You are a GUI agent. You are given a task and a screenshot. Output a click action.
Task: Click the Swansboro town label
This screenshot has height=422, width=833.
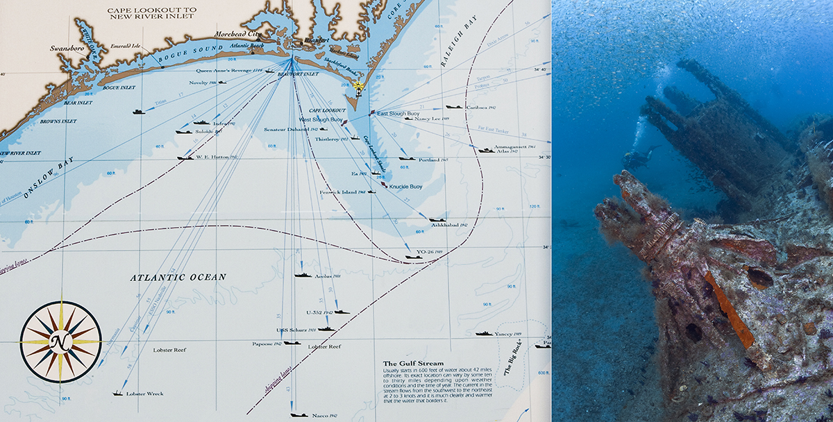click(x=67, y=49)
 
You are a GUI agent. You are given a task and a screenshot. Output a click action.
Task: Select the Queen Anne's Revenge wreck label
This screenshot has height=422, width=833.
click(x=230, y=70)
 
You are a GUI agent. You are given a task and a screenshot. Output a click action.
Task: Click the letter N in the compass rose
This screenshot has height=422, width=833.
click(x=61, y=341)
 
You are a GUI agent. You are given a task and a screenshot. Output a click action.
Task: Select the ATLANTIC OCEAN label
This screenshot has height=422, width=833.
click(x=178, y=278)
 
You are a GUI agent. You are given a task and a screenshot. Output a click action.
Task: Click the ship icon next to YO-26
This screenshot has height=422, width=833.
click(x=414, y=257)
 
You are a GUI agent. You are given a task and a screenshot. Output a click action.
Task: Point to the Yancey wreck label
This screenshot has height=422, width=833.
click(x=508, y=334)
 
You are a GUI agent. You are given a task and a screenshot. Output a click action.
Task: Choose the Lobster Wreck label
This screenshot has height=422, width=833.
click(x=145, y=394)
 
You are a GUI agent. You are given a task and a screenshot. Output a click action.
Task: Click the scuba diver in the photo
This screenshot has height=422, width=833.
click(x=637, y=158)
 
